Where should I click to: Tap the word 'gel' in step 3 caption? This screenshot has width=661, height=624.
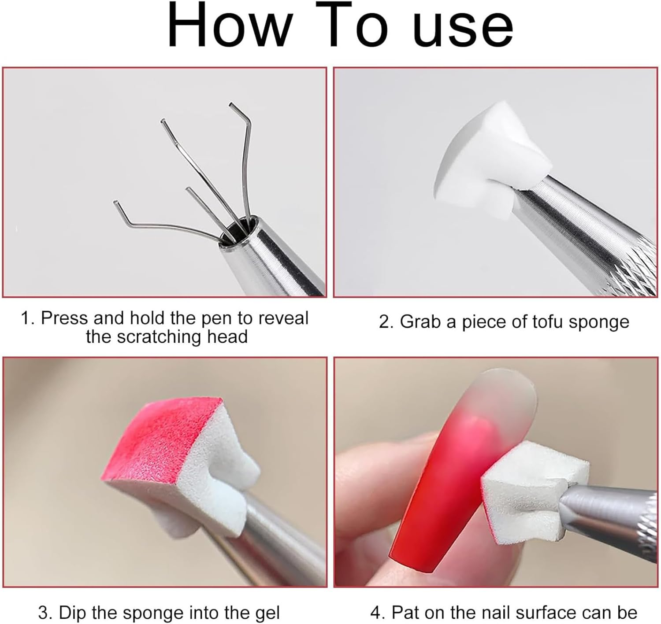[x=265, y=613]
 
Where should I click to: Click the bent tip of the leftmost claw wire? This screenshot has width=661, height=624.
[x=117, y=204]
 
